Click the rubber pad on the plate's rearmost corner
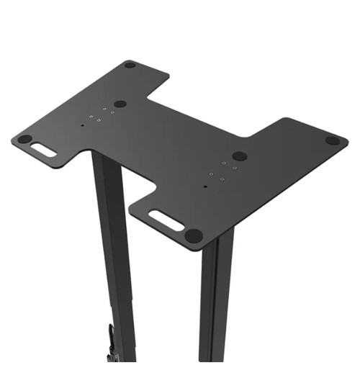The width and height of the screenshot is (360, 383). click(130, 66)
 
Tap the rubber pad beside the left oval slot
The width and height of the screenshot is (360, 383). click(24, 139)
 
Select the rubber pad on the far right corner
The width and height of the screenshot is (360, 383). click(332, 140)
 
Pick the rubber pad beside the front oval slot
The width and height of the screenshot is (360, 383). click(193, 235)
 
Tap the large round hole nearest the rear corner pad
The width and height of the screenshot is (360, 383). click(120, 104)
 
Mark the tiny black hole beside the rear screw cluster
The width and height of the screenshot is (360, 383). click(82, 125)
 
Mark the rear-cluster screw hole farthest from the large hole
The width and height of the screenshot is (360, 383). click(91, 119)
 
